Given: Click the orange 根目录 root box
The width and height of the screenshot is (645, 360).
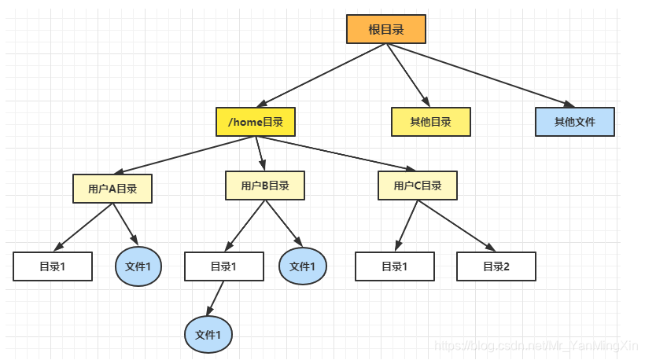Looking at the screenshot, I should tap(385, 29).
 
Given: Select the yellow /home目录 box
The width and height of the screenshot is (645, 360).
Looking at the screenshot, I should tap(256, 122).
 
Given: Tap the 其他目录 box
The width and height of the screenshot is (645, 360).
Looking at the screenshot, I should tap(430, 122).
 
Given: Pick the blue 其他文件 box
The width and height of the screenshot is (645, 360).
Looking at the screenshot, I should tap(574, 122).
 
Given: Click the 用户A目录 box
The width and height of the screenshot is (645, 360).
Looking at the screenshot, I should tap(112, 188).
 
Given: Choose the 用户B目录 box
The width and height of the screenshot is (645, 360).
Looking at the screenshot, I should tap(264, 186).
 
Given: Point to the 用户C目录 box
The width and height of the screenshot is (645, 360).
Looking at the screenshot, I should tap(418, 186).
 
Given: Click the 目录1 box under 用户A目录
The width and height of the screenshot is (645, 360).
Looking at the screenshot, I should tap(53, 266).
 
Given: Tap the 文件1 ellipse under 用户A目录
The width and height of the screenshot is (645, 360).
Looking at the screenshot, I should tap(139, 266).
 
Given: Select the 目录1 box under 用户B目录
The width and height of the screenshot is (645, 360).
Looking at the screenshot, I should tap(223, 266).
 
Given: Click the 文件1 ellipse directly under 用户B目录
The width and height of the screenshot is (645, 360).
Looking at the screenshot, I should tap(302, 266).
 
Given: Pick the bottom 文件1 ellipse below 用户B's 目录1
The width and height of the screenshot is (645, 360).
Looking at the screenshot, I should tap(208, 334).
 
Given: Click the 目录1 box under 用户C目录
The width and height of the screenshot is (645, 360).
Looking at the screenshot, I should tap(394, 266).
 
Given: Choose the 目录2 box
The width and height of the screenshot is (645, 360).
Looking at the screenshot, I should tap(496, 266).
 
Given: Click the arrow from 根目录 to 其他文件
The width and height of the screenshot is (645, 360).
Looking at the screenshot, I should tap(480, 75).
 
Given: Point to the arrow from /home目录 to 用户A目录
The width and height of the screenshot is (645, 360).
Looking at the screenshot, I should tap(189, 155).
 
